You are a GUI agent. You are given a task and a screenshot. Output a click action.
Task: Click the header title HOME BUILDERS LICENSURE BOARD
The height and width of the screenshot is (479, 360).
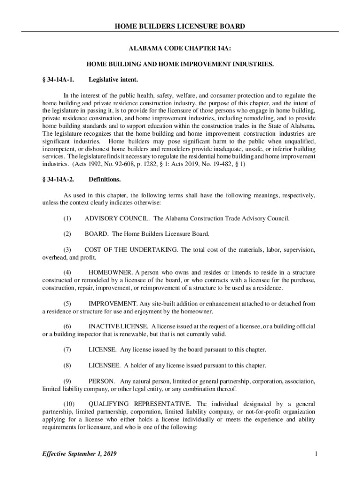pyautogui.click(x=180, y=26)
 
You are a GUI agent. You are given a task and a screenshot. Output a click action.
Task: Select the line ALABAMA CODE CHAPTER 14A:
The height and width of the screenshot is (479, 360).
pyautogui.click(x=180, y=48)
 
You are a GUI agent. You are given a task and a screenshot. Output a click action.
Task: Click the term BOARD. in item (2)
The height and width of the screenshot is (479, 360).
pyautogui.click(x=97, y=234)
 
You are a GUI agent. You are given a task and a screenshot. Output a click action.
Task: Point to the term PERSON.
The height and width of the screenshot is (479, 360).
pyautogui.click(x=101, y=381)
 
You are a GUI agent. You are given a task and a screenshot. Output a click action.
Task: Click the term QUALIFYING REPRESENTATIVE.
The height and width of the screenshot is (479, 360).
pyautogui.click(x=140, y=404)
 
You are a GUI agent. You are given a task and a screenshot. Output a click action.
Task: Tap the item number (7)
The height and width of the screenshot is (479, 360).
pyautogui.click(x=68, y=349)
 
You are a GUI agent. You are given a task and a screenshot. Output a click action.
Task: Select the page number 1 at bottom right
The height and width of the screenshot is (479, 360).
pyautogui.click(x=317, y=454)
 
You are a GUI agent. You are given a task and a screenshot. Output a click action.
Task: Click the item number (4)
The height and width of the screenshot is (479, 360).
pyautogui.click(x=68, y=272)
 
